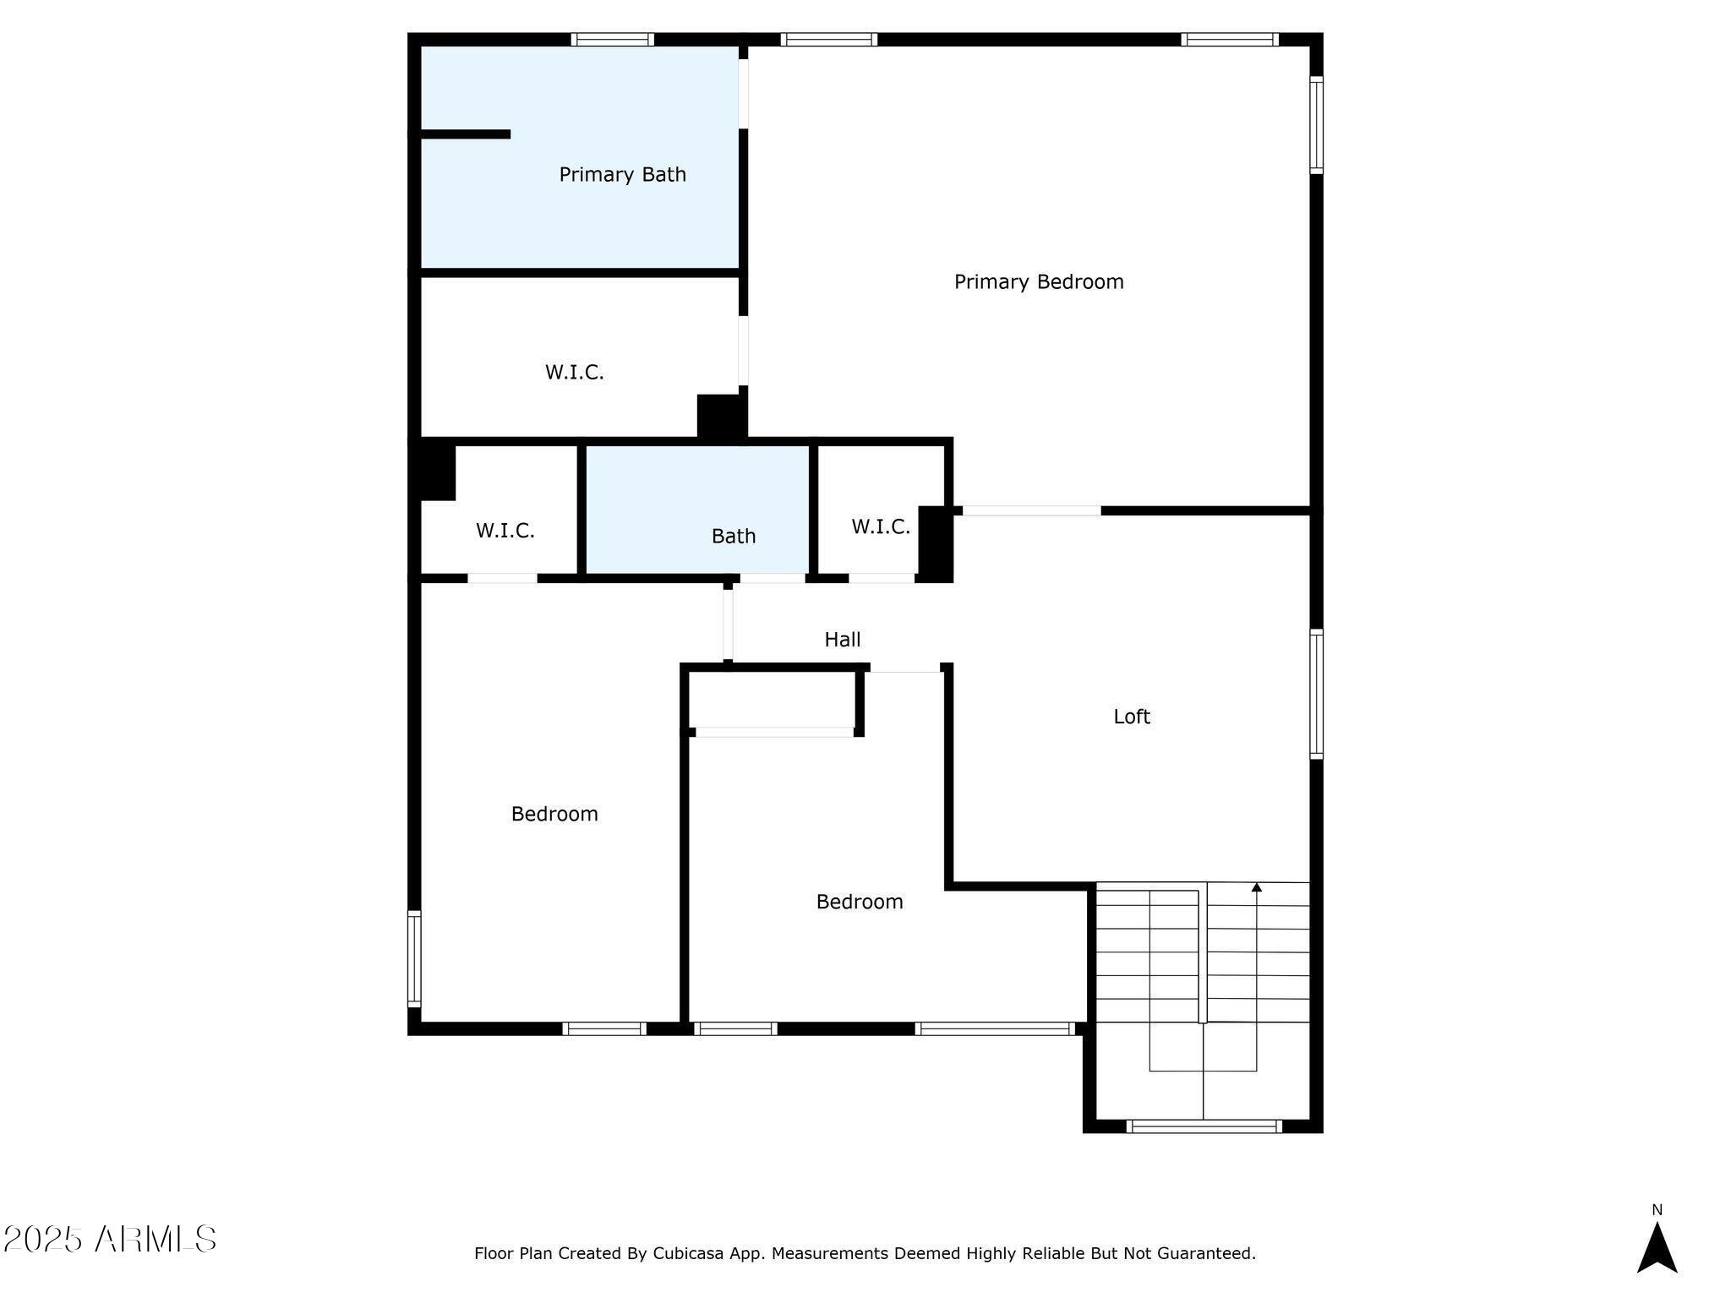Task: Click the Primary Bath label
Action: click(x=622, y=175)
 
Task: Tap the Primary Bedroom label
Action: click(x=1039, y=282)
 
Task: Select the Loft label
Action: click(x=1132, y=717)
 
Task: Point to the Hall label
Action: click(x=843, y=640)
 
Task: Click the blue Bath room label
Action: click(x=734, y=536)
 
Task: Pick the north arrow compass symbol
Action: click(x=1657, y=1246)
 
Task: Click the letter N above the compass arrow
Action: click(x=1657, y=1210)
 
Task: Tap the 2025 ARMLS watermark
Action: click(x=109, y=1239)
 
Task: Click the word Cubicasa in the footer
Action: click(x=687, y=1254)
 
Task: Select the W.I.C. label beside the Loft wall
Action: click(x=881, y=527)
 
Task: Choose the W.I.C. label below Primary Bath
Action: click(x=575, y=373)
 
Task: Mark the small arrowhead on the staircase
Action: click(x=1257, y=887)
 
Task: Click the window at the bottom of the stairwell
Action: click(x=1204, y=1126)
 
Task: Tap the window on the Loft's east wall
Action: click(x=1316, y=694)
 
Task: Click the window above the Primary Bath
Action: click(x=613, y=40)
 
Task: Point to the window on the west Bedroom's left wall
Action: click(x=414, y=958)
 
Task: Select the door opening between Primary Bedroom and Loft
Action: click(x=1032, y=510)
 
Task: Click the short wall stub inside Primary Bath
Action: click(x=466, y=134)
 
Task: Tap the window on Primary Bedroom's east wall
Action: click(x=1316, y=125)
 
